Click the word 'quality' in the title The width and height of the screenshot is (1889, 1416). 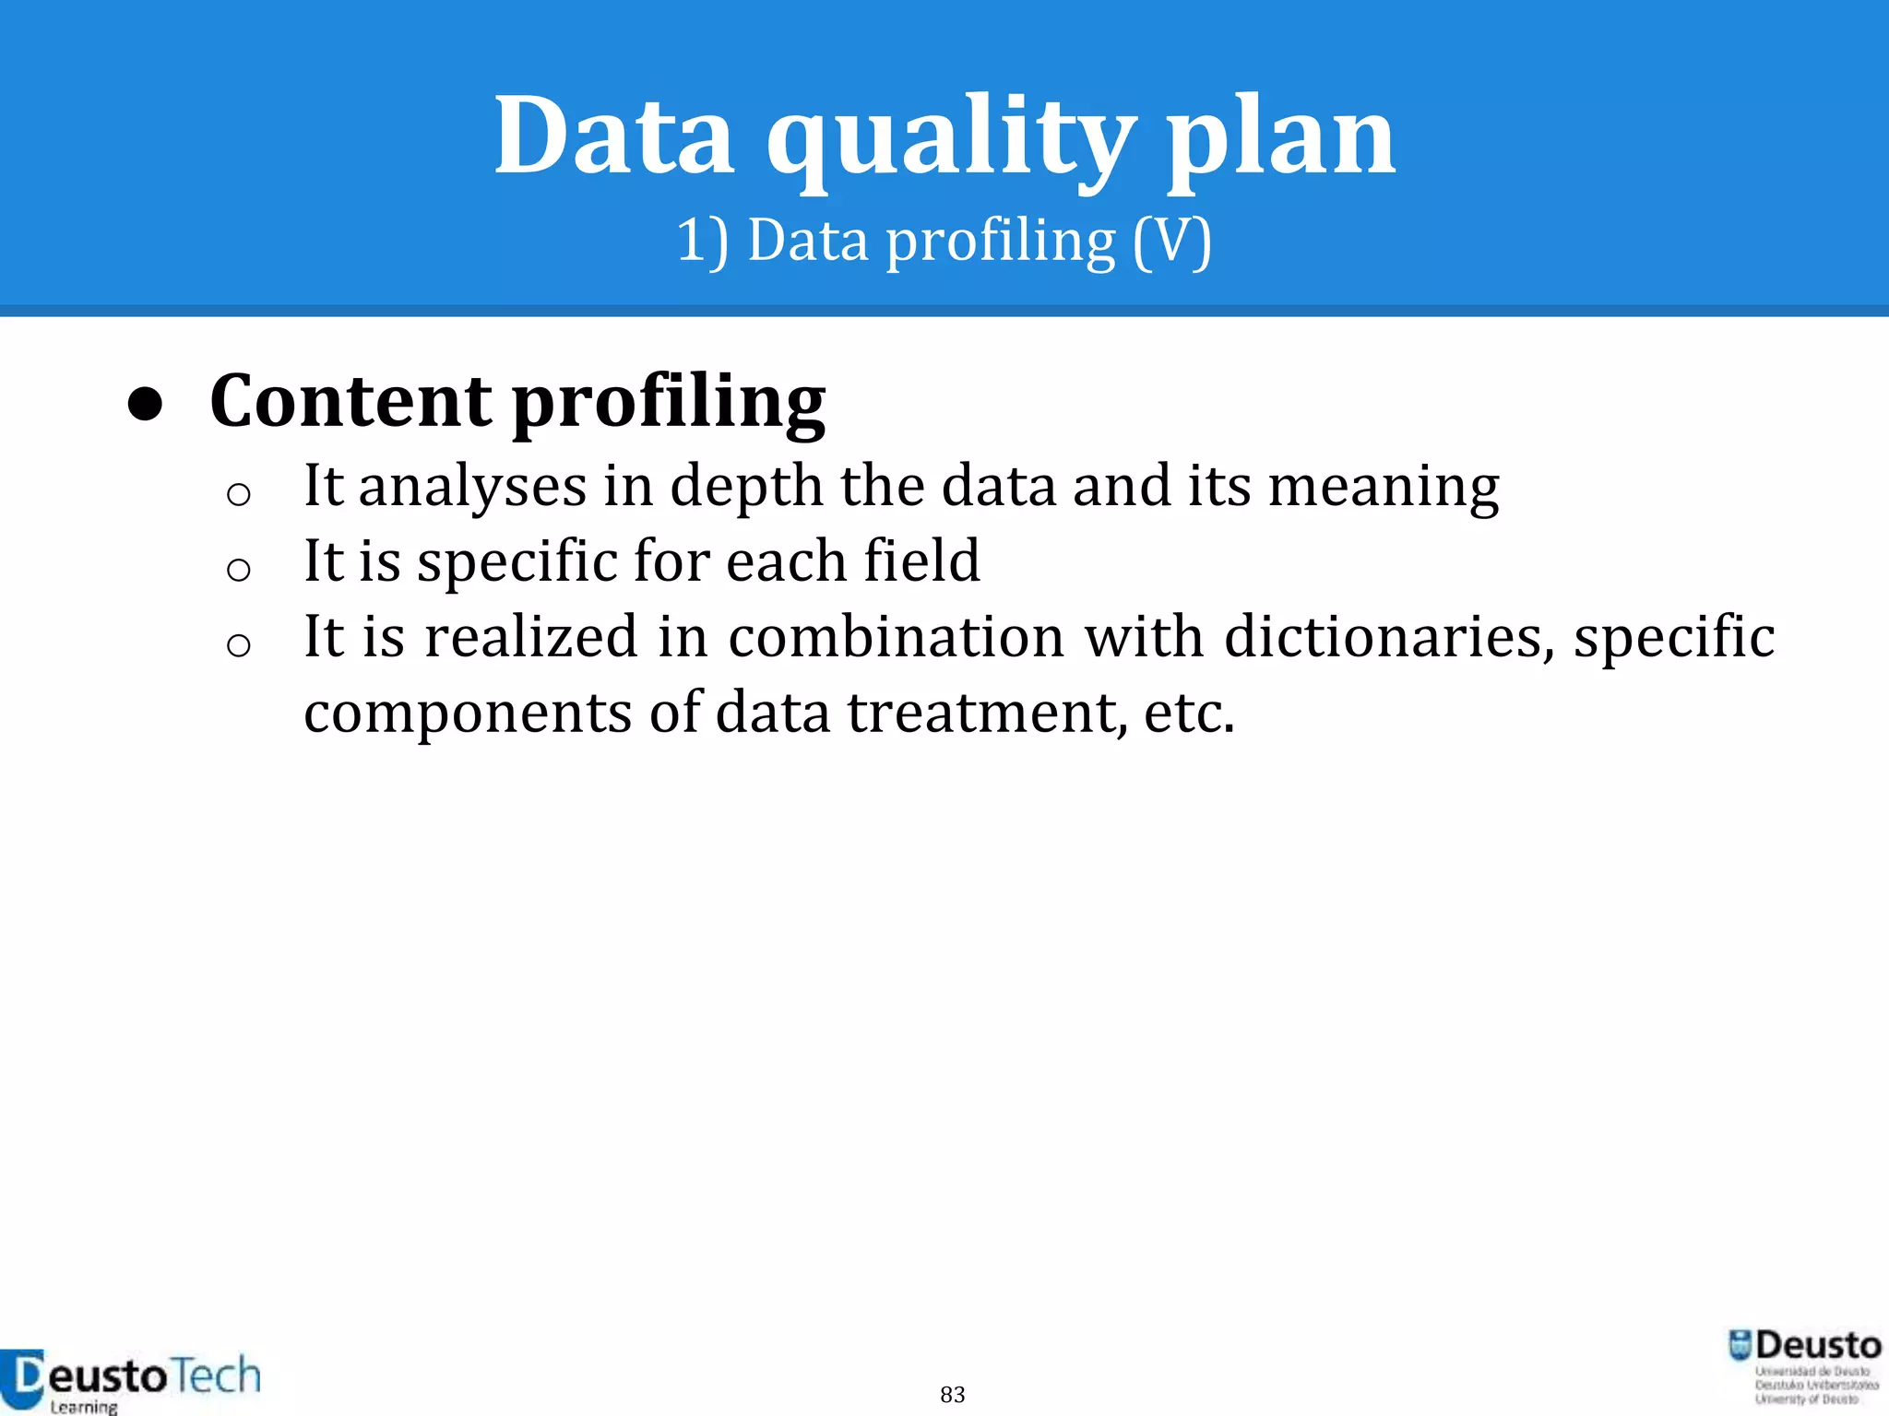(950, 138)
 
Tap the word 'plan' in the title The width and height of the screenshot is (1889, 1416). (1281, 138)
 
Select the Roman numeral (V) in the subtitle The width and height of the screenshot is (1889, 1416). (1171, 242)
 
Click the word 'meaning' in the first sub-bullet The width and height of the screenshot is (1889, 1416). (1384, 487)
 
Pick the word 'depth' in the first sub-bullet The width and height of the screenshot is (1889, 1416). (746, 487)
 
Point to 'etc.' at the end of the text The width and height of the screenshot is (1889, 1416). (1189, 713)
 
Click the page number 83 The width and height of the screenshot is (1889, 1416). (953, 1394)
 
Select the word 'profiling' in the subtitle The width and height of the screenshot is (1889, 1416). (1000, 242)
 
